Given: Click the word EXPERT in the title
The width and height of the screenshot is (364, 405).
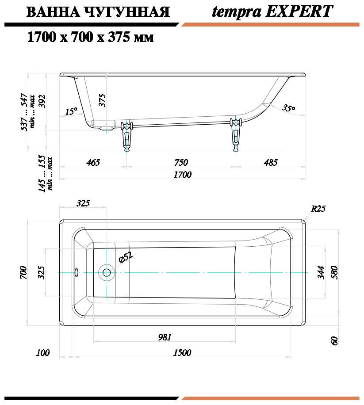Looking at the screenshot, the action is coord(299,11).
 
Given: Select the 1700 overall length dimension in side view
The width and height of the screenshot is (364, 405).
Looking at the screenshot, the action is coord(182,175).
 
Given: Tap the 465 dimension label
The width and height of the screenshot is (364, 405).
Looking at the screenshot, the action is coord(93,162).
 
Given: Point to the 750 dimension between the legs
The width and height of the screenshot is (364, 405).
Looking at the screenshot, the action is coord(181,162).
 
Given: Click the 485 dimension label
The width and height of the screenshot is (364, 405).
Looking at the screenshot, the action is coord(271,162).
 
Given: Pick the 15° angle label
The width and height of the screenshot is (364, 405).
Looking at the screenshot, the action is coord(71,111).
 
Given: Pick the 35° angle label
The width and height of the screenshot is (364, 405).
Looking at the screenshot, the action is coord(288,107).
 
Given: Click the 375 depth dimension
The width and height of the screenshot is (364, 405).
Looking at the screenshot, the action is coord(102,100).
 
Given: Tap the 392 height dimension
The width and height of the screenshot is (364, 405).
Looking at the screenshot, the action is coord(42,101).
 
